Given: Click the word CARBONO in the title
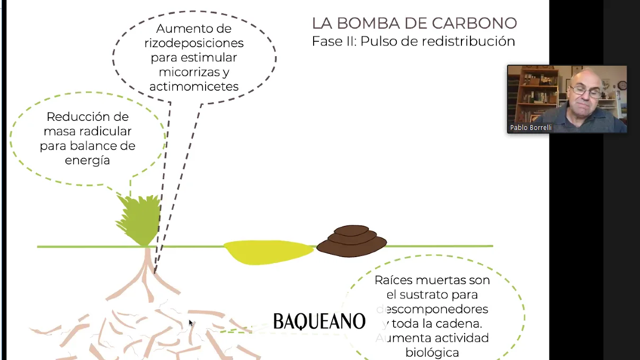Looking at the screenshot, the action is [474, 23].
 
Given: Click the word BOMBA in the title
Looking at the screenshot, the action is [368, 23].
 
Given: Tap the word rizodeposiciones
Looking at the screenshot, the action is [194, 43].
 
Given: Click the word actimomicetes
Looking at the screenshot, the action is [194, 86].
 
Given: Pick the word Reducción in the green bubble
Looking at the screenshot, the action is [70, 117].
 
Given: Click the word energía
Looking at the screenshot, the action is [87, 160].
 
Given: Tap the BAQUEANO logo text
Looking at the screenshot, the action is [319, 321].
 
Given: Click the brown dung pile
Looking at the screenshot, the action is [352, 241].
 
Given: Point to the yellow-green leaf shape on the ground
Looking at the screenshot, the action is [268, 252].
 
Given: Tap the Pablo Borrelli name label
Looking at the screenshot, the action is [530, 128].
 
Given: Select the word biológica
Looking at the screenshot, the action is [432, 353].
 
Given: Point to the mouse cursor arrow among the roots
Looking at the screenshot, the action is [191, 323].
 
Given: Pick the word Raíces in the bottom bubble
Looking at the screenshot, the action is [394, 280].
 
